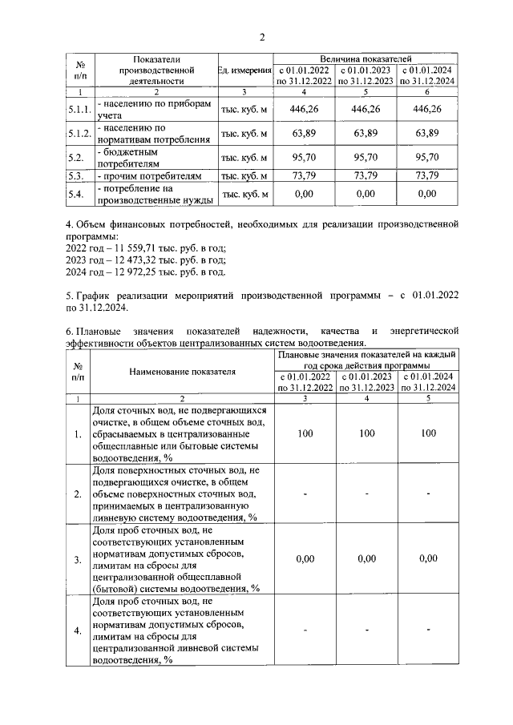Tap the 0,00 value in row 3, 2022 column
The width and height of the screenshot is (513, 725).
[305, 559]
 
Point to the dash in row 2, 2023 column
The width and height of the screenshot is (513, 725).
[366, 493]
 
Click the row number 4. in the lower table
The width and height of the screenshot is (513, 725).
[78, 631]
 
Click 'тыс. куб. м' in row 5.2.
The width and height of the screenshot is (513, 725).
[244, 157]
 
